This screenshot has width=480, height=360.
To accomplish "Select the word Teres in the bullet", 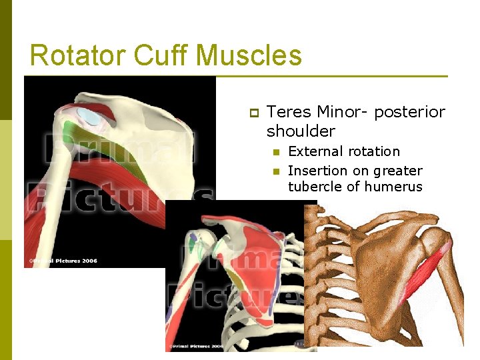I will pyautogui.click(x=289, y=112).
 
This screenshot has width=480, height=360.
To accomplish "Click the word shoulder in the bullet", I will pyautogui.click(x=301, y=131).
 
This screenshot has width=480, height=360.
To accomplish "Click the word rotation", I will pyautogui.click(x=373, y=152).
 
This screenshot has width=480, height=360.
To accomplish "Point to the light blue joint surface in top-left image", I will pyautogui.click(x=90, y=118).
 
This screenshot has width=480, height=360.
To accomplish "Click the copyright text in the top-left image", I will pyautogui.click(x=63, y=261).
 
